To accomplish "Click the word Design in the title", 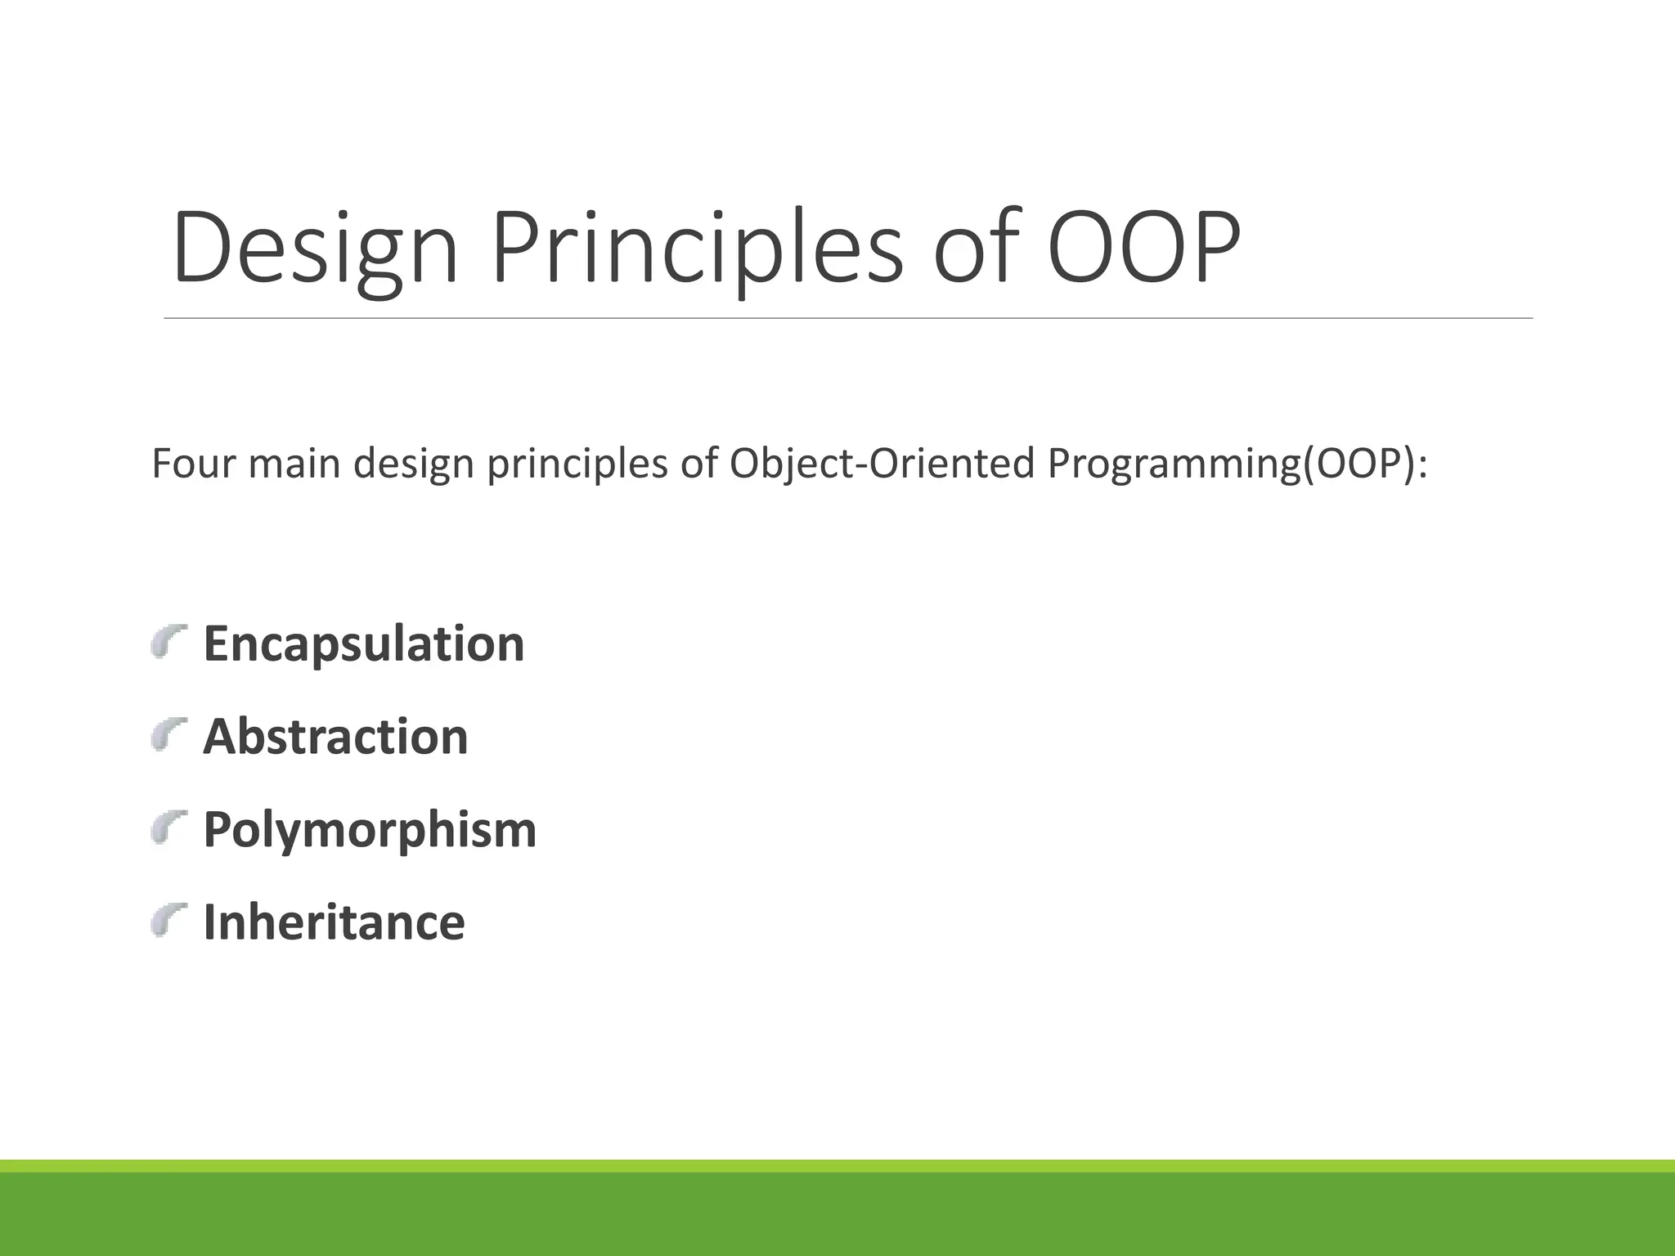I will [314, 249].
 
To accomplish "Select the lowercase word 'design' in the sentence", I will [414, 464].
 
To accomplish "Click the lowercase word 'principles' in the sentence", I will [577, 464].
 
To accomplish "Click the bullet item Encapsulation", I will [363, 644].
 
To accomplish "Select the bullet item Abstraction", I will [335, 736].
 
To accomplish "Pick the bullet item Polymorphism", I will [370, 829].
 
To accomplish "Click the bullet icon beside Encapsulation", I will [169, 642].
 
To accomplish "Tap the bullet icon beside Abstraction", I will [169, 734].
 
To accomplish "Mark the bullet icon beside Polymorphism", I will [169, 828].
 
